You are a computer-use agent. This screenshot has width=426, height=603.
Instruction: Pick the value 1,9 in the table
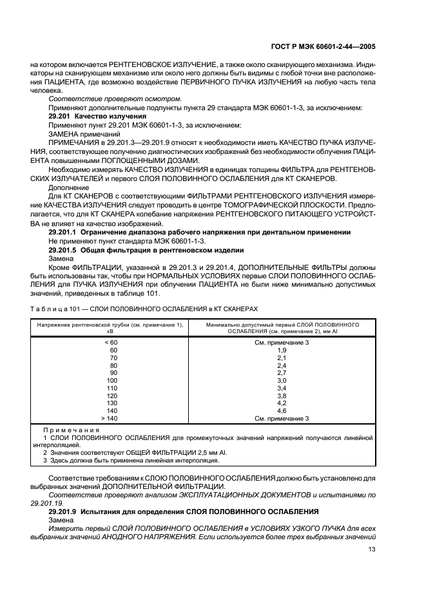pyautogui.click(x=281, y=350)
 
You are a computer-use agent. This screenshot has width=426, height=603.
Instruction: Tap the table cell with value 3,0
pyautogui.click(x=281, y=380)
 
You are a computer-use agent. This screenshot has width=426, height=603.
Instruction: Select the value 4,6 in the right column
pyautogui.click(x=281, y=410)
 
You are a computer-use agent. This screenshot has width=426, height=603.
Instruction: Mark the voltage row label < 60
pyautogui.click(x=111, y=342)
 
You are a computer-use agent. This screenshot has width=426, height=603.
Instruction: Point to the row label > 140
pyautogui.click(x=111, y=418)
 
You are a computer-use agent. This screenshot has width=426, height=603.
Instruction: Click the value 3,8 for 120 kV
pyautogui.click(x=281, y=396)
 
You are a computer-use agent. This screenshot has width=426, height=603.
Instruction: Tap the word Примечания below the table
pyautogui.click(x=70, y=430)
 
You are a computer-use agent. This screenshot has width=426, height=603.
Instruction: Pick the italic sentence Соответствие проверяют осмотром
pyautogui.click(x=115, y=99)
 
